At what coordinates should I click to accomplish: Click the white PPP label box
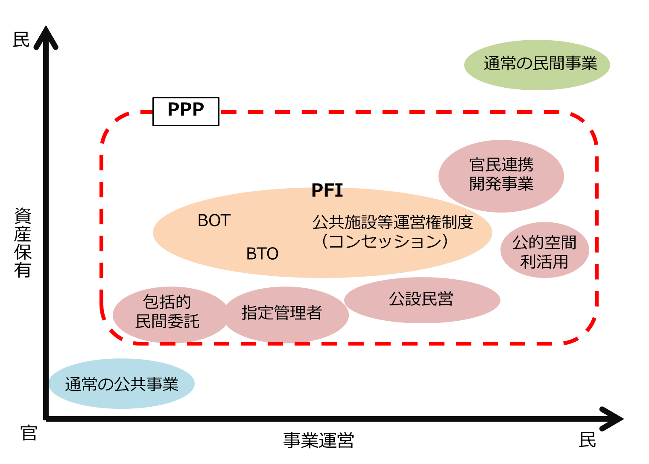[186, 111]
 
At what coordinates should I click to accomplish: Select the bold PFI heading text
[327, 190]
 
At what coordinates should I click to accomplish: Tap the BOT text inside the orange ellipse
[214, 221]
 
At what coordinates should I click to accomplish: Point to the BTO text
[262, 254]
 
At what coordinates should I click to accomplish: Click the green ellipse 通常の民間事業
[537, 65]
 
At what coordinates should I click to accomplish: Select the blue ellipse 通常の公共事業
[122, 384]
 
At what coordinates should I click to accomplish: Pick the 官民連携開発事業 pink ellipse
[501, 175]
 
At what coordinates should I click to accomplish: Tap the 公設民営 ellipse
[421, 300]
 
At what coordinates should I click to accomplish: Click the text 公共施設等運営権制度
[392, 222]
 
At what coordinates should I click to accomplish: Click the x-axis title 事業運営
[319, 440]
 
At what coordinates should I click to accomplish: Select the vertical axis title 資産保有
[23, 242]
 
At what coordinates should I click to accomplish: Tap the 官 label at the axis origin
[29, 433]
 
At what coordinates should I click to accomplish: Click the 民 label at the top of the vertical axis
[20, 39]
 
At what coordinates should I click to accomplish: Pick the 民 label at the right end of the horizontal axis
[587, 440]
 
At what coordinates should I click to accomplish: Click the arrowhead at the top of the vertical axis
[46, 36]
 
